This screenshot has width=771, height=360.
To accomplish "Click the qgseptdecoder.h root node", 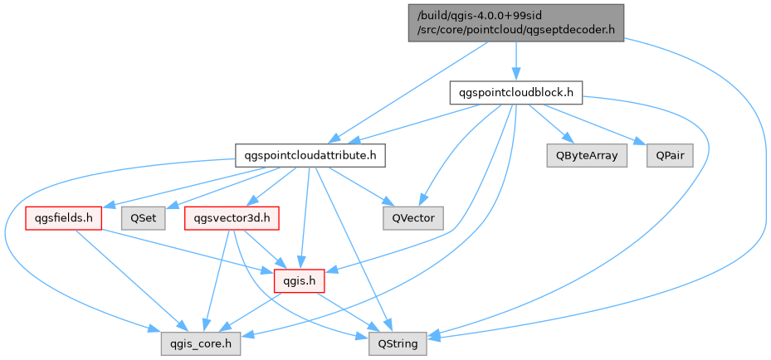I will pyautogui.click(x=515, y=22).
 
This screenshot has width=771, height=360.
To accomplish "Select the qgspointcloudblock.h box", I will pyautogui.click(x=515, y=91).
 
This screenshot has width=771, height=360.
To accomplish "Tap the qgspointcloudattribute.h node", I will pyautogui.click(x=309, y=154).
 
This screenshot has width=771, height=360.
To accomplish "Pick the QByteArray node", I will pyautogui.click(x=587, y=155).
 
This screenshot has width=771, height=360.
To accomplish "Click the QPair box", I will pyautogui.click(x=669, y=155).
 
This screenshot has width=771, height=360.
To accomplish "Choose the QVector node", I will pyautogui.click(x=413, y=218).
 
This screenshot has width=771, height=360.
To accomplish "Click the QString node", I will pyautogui.click(x=398, y=342).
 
